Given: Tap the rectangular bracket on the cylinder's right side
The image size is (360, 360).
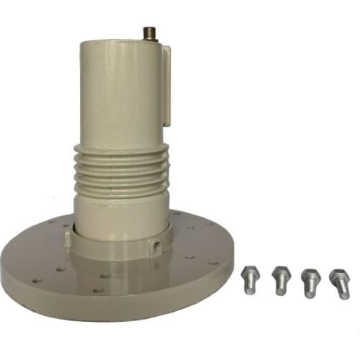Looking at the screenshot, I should click(166, 85).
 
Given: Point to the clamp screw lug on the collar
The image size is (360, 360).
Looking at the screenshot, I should click(156, 246).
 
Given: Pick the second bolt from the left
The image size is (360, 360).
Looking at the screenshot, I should click(281, 279).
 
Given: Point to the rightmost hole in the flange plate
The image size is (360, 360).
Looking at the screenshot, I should click(213, 263).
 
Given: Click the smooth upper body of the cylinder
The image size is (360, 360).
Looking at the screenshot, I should click(119, 94).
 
